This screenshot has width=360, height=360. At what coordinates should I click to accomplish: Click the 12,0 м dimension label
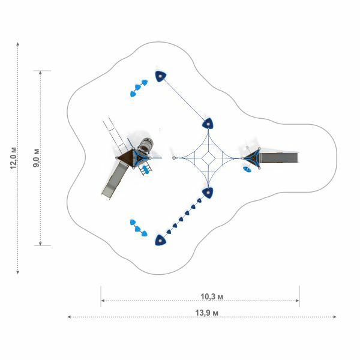14,158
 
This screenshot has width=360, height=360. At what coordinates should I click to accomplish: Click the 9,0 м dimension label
36,158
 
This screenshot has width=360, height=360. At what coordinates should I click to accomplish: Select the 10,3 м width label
212,296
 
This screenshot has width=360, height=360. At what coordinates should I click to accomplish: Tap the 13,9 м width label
206,313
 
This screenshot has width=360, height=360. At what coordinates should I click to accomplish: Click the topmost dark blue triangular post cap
160,76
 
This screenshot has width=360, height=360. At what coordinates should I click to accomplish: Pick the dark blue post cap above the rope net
208,124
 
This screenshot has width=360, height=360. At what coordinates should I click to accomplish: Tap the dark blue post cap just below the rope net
208,193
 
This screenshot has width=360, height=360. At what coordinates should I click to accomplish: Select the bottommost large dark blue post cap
160,240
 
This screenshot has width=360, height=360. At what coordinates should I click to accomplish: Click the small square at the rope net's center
208,158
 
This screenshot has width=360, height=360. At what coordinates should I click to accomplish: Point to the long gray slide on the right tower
279,158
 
